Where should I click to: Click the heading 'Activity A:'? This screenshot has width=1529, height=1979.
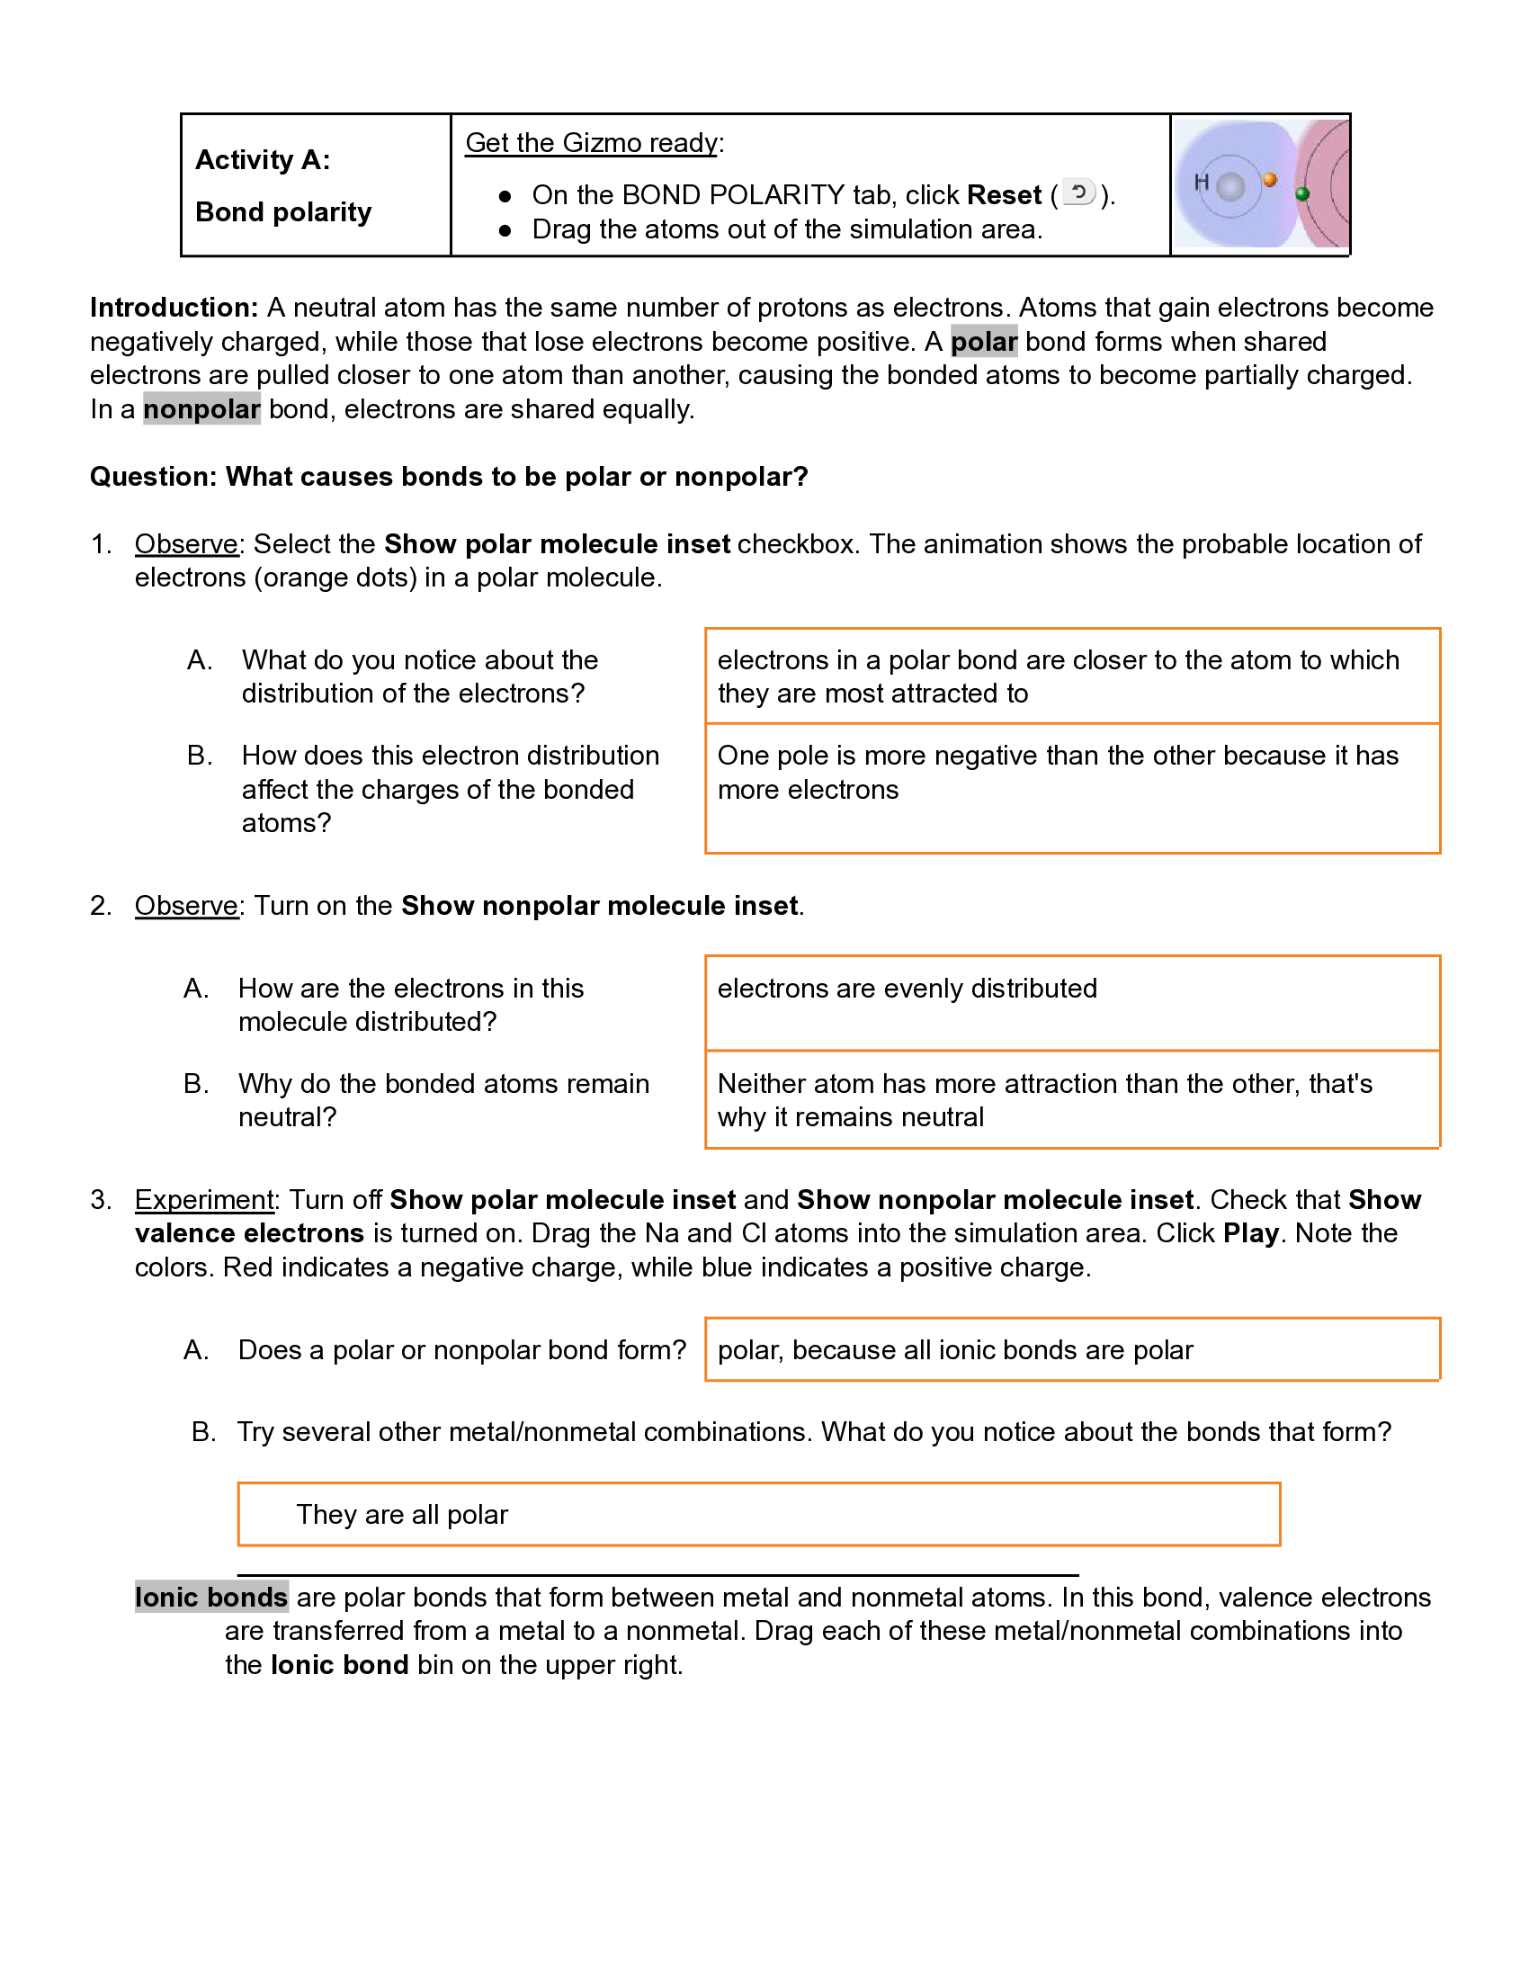click(x=263, y=159)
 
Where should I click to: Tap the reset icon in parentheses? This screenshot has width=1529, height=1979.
click(x=1078, y=193)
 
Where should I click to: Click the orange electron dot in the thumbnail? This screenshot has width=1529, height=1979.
click(x=1270, y=179)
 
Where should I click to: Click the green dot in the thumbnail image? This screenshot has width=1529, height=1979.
click(x=1302, y=193)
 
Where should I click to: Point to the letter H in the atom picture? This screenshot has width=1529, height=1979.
click(x=1201, y=182)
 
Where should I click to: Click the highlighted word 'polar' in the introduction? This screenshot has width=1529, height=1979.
click(x=984, y=342)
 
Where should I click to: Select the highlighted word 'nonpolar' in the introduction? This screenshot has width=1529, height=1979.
click(x=201, y=409)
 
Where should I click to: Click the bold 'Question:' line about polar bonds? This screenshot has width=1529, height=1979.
click(x=449, y=477)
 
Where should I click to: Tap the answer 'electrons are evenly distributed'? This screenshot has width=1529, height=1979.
click(x=907, y=988)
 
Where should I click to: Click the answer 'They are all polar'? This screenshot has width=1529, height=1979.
click(x=402, y=1514)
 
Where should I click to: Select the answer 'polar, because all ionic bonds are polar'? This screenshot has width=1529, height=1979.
click(x=954, y=1350)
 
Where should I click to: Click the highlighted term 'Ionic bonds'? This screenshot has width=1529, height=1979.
click(x=211, y=1597)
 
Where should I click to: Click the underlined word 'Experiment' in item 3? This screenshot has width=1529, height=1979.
click(x=204, y=1200)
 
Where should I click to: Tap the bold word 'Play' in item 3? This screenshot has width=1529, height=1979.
click(x=1250, y=1233)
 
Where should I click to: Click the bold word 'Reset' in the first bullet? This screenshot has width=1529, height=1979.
click(x=1004, y=195)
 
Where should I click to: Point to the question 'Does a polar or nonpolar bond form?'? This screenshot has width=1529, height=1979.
click(x=462, y=1350)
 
